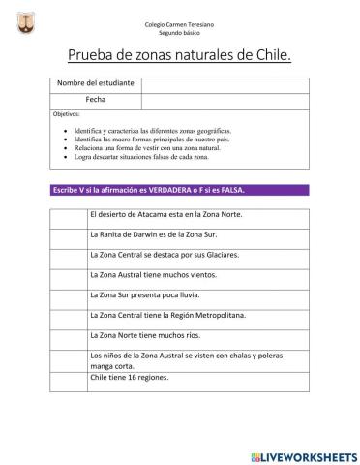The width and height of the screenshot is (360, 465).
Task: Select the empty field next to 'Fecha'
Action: [225, 100]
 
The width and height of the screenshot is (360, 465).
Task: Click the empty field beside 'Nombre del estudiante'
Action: [225, 83]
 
